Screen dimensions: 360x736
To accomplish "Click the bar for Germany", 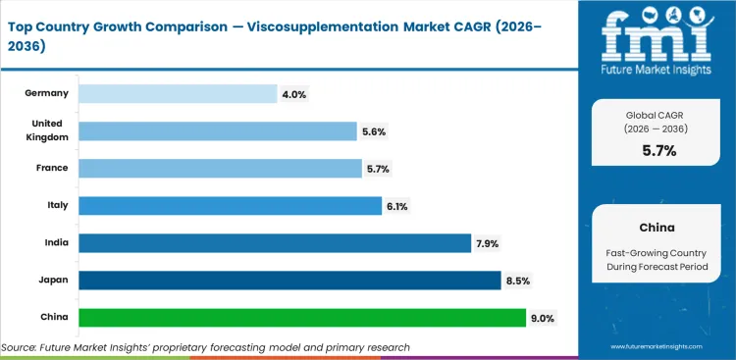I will (x=177, y=93).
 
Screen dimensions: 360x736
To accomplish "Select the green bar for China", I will (x=301, y=318).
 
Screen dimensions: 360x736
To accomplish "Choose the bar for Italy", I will (x=230, y=206).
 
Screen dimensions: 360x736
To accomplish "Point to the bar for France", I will (x=220, y=169).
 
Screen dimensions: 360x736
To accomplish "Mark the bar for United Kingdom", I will (x=217, y=131).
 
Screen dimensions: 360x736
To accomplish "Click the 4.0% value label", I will (x=295, y=94).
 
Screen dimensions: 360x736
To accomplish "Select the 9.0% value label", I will (x=543, y=319).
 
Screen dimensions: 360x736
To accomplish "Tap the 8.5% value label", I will (x=518, y=282).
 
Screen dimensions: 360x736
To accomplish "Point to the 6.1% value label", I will (x=398, y=207).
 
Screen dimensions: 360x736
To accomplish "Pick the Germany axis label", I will (x=46, y=93).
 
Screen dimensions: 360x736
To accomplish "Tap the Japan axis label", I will (x=53, y=281).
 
